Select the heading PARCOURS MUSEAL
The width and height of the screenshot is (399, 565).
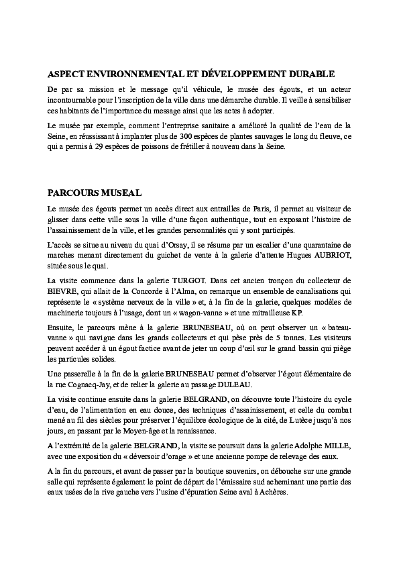[x=95, y=193]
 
